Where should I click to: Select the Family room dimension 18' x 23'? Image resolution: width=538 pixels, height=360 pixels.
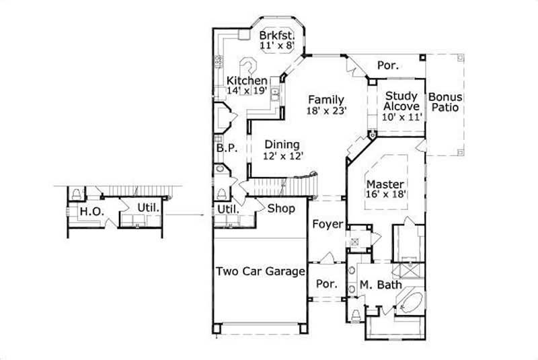click(x=326, y=112)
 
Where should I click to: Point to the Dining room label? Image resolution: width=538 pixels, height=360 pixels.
click(x=281, y=144)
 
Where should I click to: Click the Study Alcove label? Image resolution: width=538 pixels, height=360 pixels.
click(x=402, y=101)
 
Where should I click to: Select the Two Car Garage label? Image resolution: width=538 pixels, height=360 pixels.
click(x=260, y=272)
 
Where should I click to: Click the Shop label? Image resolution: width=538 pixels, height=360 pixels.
click(x=281, y=209)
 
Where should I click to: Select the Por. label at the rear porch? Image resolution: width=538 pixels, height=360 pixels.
click(x=387, y=66)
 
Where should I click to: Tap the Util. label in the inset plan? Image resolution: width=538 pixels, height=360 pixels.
click(x=148, y=208)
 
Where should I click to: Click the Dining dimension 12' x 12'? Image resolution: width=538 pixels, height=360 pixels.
click(x=282, y=155)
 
